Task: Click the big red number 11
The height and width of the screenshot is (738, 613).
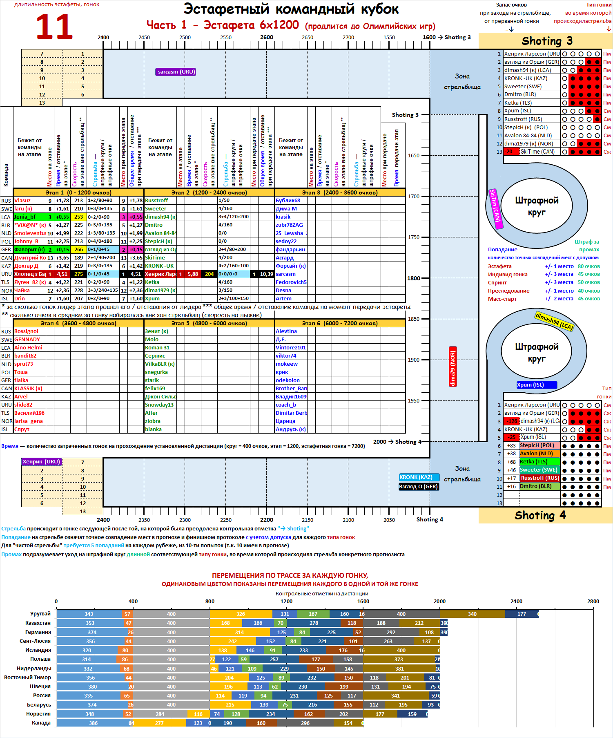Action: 54,27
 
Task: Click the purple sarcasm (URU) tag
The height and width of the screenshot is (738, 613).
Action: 176,72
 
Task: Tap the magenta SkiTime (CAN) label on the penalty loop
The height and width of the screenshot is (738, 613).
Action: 495,209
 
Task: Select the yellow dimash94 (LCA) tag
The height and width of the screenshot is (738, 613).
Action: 554,321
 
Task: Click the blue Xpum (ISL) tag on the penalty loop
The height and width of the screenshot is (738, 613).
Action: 536,385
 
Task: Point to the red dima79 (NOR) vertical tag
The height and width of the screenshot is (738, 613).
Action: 453,367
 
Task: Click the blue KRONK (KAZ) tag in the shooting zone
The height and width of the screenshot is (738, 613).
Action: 419,477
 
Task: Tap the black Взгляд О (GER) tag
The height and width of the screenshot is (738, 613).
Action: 419,487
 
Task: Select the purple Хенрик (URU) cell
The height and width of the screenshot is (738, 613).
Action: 42,462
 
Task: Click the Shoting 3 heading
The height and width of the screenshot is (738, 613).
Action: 547,41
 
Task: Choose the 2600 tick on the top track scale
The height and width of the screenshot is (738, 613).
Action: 267,37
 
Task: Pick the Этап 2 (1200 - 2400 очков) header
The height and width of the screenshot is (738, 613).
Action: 209,192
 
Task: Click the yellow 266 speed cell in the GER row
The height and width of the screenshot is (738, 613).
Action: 78,250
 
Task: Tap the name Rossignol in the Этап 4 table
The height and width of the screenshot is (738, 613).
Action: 27,331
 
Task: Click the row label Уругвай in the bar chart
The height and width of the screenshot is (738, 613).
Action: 40,614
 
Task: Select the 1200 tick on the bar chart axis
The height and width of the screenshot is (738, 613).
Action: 286,602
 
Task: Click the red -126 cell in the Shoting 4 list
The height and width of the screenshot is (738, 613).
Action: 512,421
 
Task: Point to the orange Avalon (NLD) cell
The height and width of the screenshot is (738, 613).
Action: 539,454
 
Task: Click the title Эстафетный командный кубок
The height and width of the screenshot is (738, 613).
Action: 291,9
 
